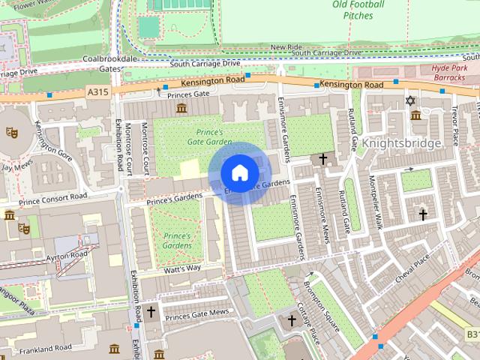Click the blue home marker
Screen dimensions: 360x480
239,173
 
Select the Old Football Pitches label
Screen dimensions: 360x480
358,10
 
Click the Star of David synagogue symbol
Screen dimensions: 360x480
409,100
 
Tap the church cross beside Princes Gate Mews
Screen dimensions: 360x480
151,310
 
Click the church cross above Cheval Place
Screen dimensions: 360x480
422,214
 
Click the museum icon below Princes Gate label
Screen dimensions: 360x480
180,109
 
